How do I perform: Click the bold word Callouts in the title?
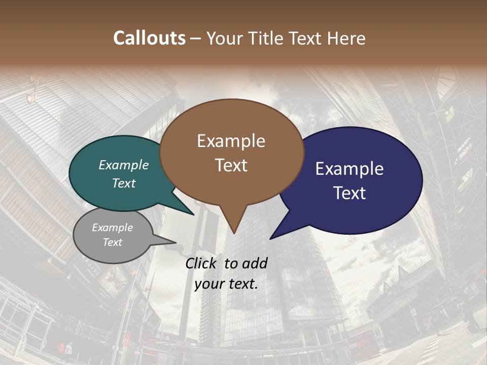(149, 38)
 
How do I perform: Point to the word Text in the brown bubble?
(231, 165)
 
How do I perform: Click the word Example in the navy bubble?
(350, 169)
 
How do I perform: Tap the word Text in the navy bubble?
(350, 193)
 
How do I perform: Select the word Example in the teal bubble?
(124, 165)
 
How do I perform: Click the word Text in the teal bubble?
(124, 183)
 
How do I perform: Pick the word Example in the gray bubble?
(112, 228)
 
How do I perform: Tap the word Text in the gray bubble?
(112, 242)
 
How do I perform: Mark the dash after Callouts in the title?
(196, 39)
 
